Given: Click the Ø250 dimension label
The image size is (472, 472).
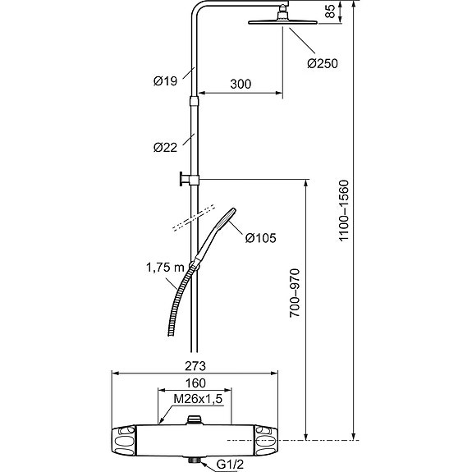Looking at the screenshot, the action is (323, 63).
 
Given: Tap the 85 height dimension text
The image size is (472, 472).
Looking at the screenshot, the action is (330, 11).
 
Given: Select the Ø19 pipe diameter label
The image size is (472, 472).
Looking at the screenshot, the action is (165, 81).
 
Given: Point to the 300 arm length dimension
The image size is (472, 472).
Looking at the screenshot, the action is (241, 84).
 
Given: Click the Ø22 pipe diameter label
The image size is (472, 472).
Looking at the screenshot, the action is (165, 148).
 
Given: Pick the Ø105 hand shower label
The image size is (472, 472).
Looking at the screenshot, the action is (260, 238).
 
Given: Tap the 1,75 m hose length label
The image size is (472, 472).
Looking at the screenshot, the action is (165, 268).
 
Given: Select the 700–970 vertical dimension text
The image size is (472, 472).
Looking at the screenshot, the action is (295, 293).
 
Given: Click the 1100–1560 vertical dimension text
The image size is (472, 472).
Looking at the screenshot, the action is (343, 210).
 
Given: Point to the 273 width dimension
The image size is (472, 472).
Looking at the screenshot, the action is (195, 366).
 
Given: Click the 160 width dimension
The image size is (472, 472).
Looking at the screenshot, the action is (195, 383).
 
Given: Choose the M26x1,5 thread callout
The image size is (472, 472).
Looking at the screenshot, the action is (198, 399).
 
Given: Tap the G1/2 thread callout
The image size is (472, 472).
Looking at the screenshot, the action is (230, 465).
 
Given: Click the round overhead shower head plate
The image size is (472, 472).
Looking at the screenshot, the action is (282, 23).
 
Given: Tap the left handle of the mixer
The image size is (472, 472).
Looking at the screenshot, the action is (123, 440).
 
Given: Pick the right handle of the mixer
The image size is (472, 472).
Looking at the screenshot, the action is (266, 440).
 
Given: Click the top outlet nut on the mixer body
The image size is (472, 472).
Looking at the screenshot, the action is (195, 419).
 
